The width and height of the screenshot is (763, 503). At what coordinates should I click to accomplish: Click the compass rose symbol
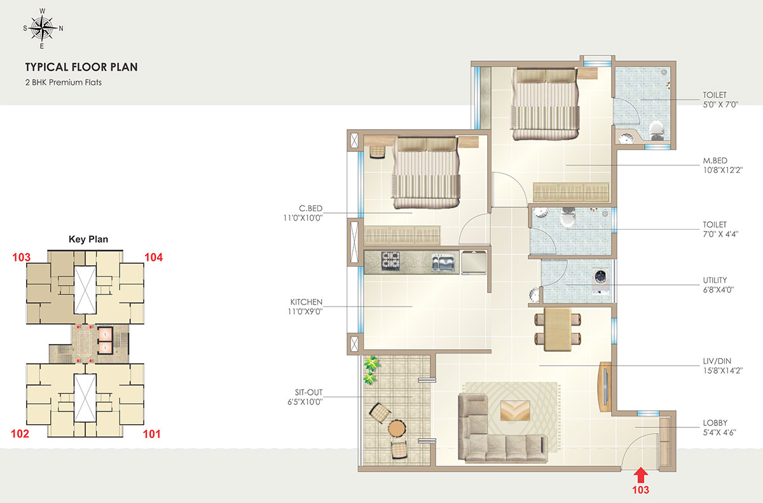pyautogui.click(x=43, y=29)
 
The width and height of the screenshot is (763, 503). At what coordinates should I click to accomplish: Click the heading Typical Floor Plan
pyautogui.click(x=81, y=67)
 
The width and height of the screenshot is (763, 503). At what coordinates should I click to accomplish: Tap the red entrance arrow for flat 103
pyautogui.click(x=641, y=475)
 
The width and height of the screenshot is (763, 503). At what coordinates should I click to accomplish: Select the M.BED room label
pyautogui.click(x=715, y=160)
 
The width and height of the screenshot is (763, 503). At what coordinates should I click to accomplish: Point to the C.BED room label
pyautogui.click(x=310, y=208)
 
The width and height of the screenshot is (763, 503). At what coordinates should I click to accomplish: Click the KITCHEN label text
pyautogui.click(x=306, y=301)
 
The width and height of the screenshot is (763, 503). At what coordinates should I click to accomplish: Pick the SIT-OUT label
pyautogui.click(x=308, y=392)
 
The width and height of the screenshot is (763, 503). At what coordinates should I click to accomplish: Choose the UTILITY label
pyautogui.click(x=715, y=280)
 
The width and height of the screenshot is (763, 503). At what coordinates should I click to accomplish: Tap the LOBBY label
pyautogui.click(x=715, y=423)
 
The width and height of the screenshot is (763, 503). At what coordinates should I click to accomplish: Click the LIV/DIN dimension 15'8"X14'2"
pyautogui.click(x=723, y=371)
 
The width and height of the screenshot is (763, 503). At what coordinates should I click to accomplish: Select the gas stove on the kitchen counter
pyautogui.click(x=390, y=261)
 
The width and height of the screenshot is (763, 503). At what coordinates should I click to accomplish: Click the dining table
pyautogui.click(x=558, y=329)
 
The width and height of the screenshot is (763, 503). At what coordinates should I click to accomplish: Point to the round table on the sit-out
pyautogui.click(x=397, y=429)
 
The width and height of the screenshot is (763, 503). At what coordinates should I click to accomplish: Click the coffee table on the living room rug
pyautogui.click(x=515, y=410)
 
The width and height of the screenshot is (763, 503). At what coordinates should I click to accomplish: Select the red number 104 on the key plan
pyautogui.click(x=154, y=258)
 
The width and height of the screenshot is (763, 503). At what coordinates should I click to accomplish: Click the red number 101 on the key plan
pyautogui.click(x=151, y=434)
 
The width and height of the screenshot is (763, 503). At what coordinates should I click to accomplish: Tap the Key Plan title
pyautogui.click(x=88, y=239)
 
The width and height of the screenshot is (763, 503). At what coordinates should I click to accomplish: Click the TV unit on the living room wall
pyautogui.click(x=605, y=387)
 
